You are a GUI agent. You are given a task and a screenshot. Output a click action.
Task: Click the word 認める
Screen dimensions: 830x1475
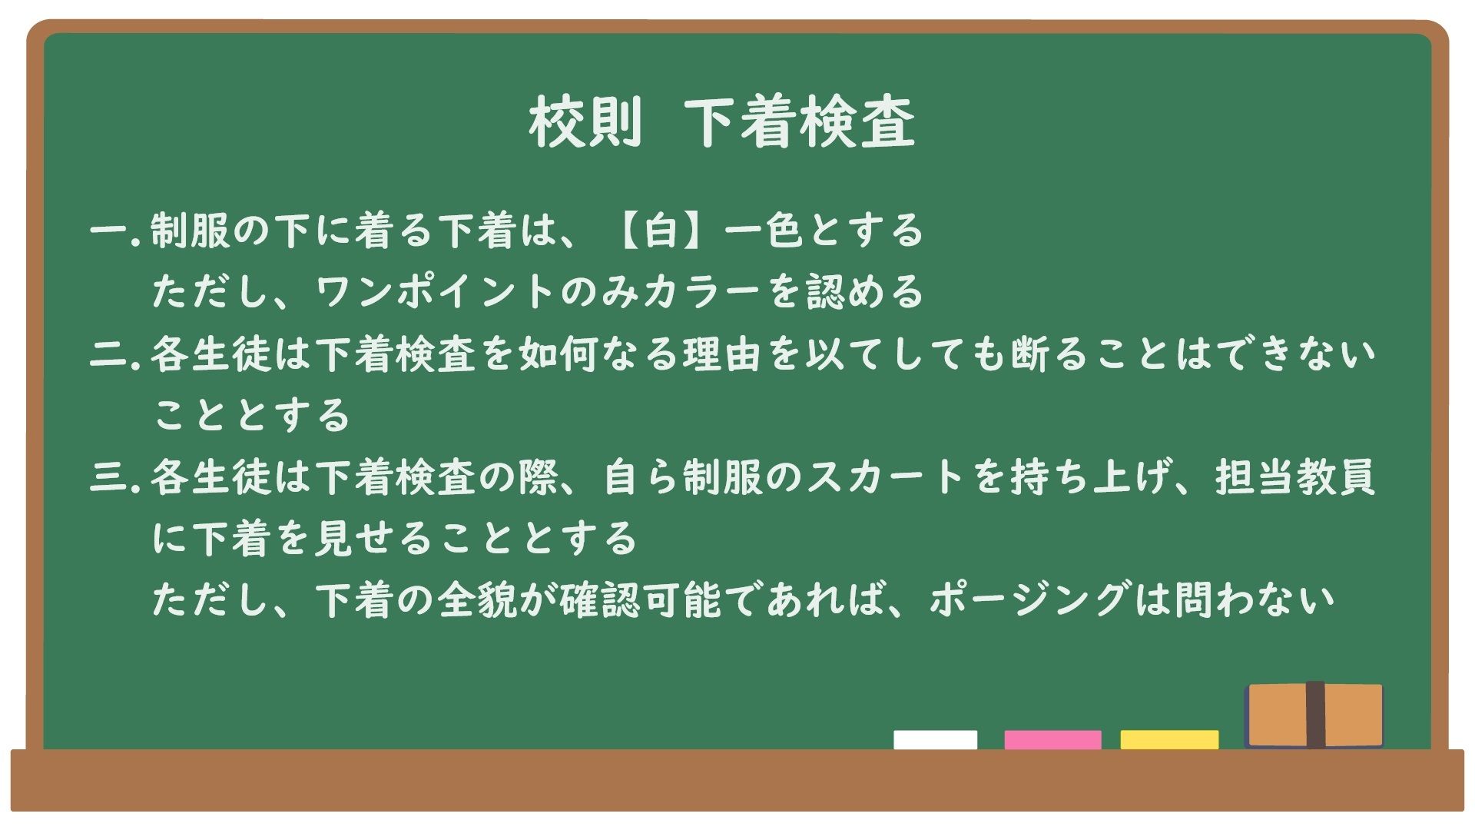(864, 292)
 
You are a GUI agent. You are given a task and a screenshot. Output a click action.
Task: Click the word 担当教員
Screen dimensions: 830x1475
(1294, 477)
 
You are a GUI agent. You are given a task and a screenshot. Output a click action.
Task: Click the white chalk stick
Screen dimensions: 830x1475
(935, 739)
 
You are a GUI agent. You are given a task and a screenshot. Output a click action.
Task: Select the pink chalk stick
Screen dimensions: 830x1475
(1052, 739)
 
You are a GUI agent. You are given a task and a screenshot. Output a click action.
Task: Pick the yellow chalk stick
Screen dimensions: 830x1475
(1169, 739)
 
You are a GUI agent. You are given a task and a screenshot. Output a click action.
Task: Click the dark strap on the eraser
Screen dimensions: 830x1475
(1315, 715)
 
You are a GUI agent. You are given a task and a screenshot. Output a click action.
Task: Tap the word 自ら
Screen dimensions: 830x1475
(641, 477)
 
